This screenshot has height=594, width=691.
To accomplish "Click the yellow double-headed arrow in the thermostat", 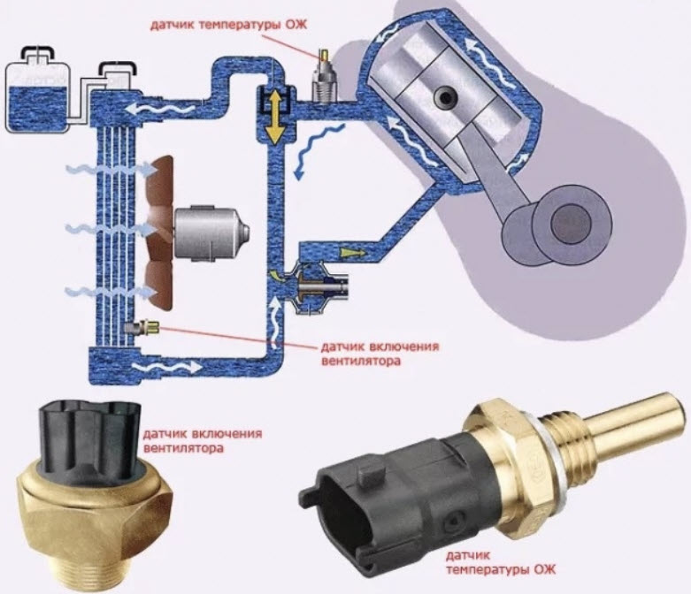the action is point(274,116).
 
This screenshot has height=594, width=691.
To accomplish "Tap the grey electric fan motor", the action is point(211,232).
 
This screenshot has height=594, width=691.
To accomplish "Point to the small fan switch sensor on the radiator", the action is point(142,328).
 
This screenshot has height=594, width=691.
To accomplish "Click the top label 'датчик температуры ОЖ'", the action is point(228,25).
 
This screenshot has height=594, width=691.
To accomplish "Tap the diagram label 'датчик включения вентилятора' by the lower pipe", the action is point(380,354).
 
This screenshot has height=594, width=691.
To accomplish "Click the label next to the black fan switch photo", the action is point(203,441).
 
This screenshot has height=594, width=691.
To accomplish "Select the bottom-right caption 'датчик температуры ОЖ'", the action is point(501,562).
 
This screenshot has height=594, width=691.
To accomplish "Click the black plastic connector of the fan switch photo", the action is point(90,440).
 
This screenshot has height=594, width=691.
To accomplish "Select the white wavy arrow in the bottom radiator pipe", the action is point(167,366).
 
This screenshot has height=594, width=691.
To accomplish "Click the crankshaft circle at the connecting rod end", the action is point(572,219).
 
